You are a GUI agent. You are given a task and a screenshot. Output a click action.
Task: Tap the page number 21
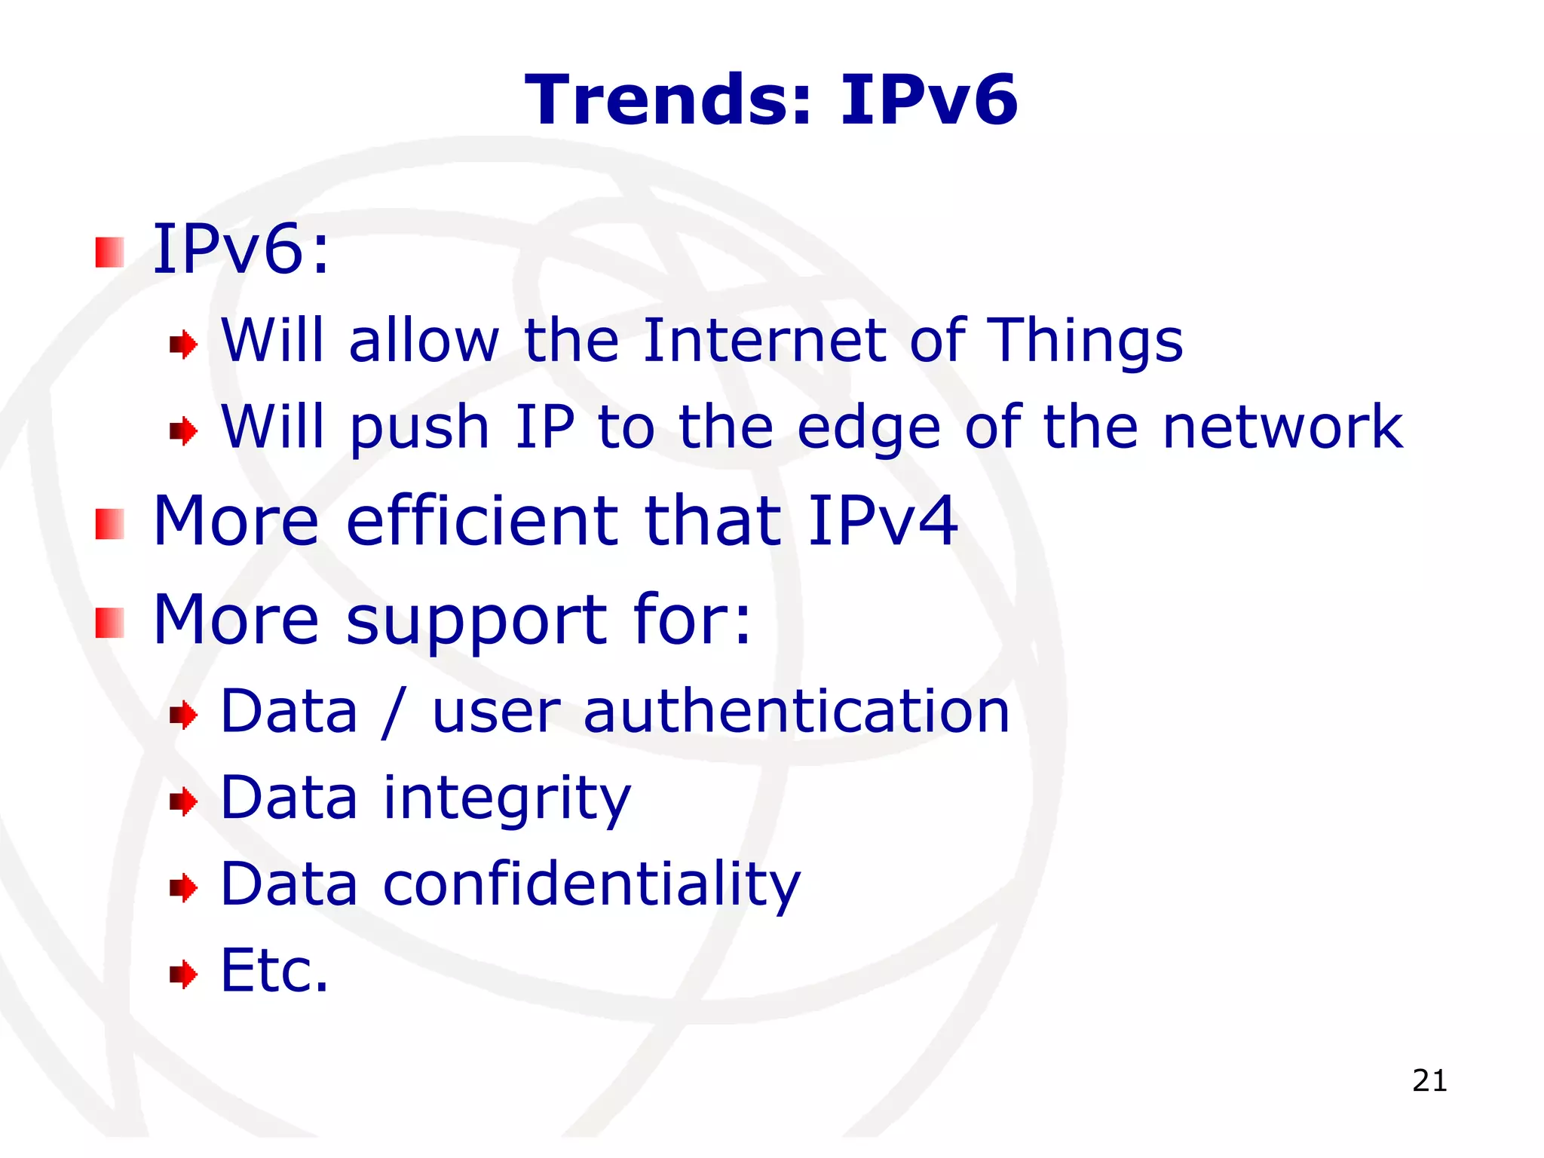(1429, 1081)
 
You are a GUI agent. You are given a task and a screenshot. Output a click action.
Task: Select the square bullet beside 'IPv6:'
(110, 253)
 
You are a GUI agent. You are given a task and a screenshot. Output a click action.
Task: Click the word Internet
(764, 341)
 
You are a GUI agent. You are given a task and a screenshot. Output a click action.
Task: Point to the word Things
(1085, 342)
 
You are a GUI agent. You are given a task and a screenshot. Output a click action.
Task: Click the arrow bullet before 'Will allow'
(183, 345)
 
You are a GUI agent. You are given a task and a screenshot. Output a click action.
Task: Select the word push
(419, 428)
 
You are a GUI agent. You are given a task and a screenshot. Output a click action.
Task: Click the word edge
(868, 428)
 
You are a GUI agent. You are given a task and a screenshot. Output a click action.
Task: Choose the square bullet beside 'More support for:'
(110, 623)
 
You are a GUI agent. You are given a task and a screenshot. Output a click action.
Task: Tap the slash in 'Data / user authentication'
(394, 712)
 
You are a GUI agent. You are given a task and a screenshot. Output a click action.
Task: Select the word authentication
(796, 712)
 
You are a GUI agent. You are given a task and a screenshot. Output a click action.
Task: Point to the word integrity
(507, 799)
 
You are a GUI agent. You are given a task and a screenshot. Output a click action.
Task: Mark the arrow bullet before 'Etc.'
(183, 974)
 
